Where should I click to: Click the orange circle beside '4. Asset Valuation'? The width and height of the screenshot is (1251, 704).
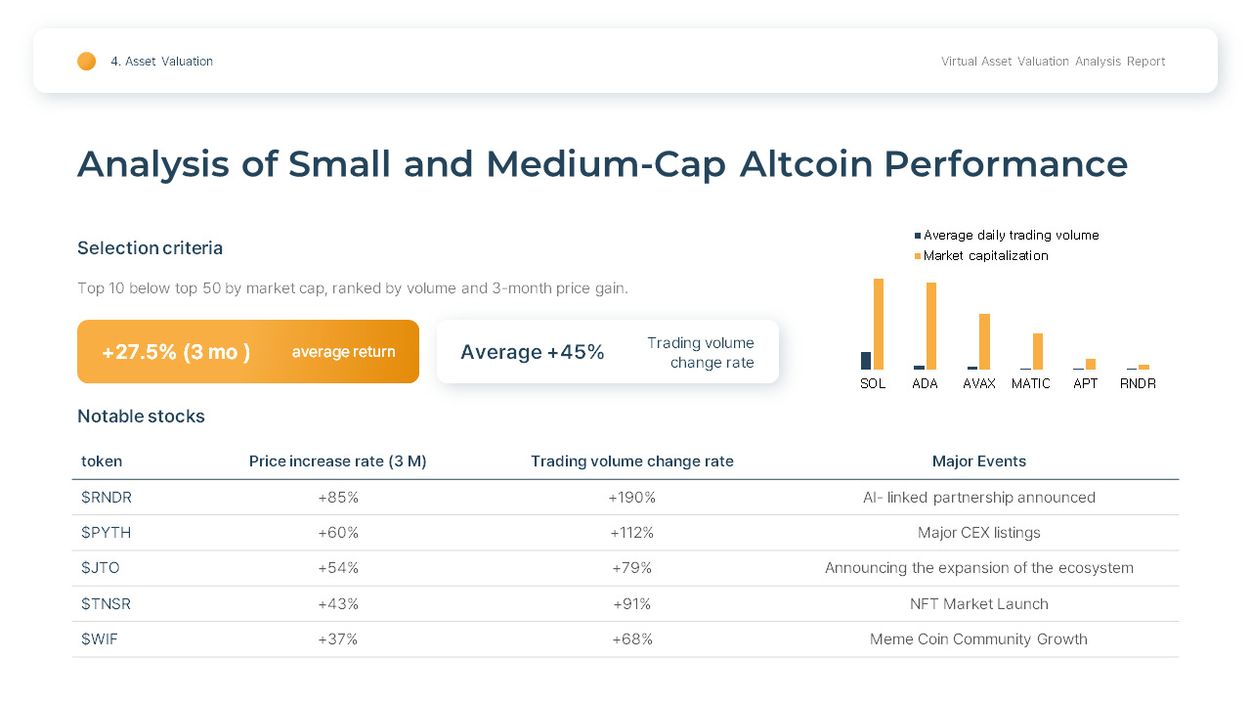tap(87, 62)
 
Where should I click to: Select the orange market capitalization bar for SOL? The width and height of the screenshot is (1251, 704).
tap(879, 324)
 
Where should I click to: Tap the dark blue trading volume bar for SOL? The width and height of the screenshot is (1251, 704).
tap(866, 361)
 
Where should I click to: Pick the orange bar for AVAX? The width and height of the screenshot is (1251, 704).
tap(984, 341)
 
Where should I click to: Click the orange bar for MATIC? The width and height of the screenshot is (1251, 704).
tap(1038, 351)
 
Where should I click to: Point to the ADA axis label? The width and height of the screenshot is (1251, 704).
tap(925, 383)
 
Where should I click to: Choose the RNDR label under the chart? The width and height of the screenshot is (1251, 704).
tap(1138, 383)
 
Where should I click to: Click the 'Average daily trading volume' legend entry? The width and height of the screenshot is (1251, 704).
tap(1011, 236)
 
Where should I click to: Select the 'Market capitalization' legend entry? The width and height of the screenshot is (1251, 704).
tap(985, 256)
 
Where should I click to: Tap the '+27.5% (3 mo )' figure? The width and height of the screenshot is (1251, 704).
tap(176, 352)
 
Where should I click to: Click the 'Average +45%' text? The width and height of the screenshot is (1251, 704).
tap(532, 352)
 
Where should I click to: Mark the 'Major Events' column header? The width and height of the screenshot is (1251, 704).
tap(978, 462)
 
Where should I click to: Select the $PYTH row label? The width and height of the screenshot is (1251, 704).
tap(106, 533)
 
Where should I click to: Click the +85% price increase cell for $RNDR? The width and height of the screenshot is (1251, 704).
tap(338, 498)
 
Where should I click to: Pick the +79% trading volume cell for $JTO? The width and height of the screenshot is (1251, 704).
tap(631, 568)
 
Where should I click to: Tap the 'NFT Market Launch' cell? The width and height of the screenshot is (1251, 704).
tap(978, 604)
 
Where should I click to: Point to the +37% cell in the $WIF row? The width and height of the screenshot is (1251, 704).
tap(338, 639)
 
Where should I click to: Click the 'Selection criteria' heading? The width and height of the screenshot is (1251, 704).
tap(150, 248)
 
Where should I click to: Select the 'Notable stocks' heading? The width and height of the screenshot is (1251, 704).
tap(141, 417)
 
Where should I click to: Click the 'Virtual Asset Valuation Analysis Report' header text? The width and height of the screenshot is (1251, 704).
tap(1053, 62)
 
